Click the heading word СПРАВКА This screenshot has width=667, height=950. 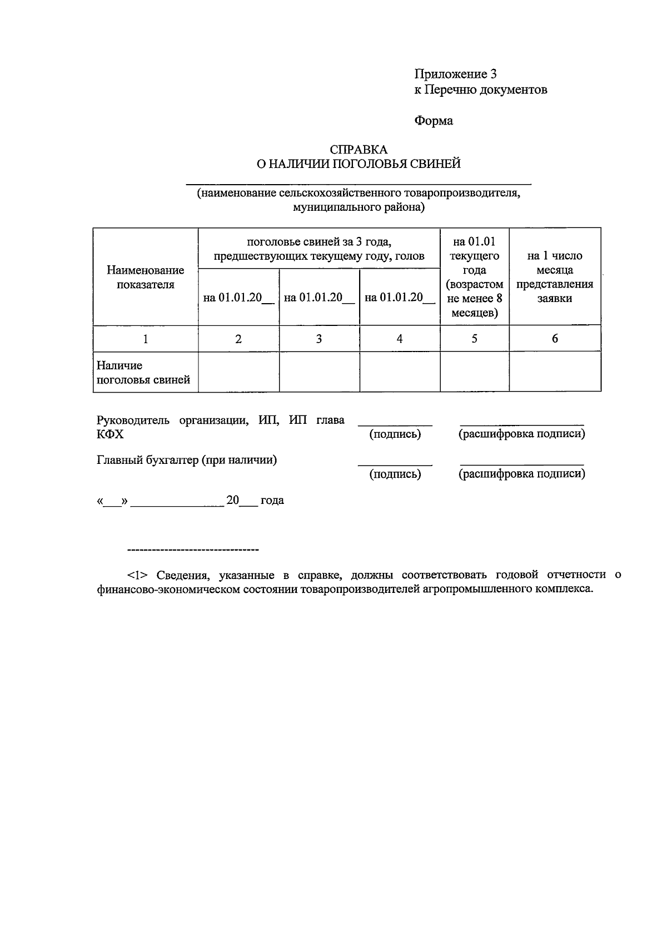359,150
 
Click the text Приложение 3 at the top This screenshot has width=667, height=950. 455,74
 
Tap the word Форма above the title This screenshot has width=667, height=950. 434,121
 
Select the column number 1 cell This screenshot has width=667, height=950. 146,339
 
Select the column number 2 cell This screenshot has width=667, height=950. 238,339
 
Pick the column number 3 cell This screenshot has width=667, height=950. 319,339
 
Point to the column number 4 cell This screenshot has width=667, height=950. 400,339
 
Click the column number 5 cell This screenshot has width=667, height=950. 474,339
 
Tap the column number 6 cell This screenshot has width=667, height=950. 555,339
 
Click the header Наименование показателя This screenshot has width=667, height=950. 146,277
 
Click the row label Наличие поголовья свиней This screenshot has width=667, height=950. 143,373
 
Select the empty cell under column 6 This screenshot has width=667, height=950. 555,372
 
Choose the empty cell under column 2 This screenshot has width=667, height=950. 238,372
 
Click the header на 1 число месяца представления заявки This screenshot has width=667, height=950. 555,277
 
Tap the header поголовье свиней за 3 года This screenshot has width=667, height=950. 319,249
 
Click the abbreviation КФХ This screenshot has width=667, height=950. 110,434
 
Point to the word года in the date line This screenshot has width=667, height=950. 272,500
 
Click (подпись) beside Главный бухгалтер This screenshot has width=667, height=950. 395,474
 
